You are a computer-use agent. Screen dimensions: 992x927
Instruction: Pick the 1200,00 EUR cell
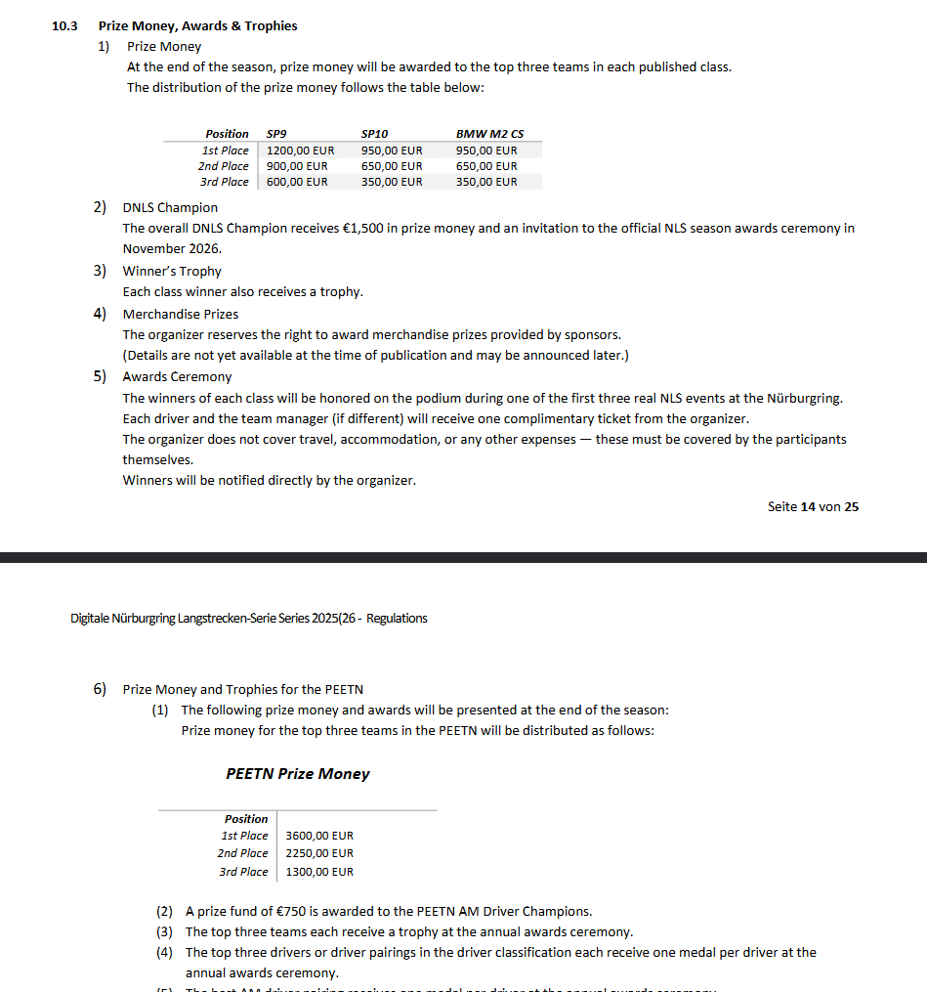300,151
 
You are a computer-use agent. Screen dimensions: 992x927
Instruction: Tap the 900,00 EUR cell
297,166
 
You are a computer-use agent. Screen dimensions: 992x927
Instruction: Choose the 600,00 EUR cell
297,182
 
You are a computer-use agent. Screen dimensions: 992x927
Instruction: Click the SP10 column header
374,134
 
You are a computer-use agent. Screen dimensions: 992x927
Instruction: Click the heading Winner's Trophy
172,272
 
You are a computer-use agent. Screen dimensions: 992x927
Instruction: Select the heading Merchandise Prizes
181,315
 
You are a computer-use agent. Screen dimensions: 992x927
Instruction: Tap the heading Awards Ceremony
177,377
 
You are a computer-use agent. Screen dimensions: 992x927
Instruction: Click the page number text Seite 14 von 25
813,507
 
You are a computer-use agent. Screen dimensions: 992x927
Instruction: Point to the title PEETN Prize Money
298,774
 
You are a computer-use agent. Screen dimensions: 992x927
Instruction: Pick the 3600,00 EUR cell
319,837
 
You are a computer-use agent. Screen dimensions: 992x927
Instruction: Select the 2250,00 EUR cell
319,854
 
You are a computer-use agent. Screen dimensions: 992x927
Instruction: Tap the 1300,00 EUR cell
319,872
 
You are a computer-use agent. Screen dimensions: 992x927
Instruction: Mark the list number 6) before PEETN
101,689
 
